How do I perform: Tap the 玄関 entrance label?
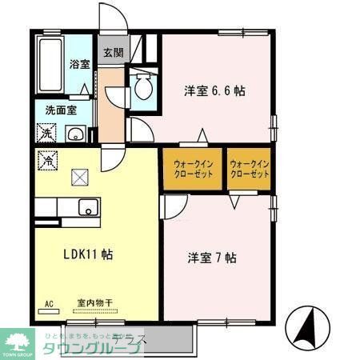tap(112, 54)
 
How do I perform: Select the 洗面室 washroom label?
tap(60, 111)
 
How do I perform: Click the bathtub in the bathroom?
tap(50, 64)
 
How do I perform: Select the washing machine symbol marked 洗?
tap(45, 132)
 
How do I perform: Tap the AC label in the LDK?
tap(49, 304)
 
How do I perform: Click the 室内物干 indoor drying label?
tap(95, 303)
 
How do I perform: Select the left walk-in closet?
tap(193, 169)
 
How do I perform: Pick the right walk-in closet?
tap(249, 169)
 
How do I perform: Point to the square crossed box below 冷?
tap(80, 178)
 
